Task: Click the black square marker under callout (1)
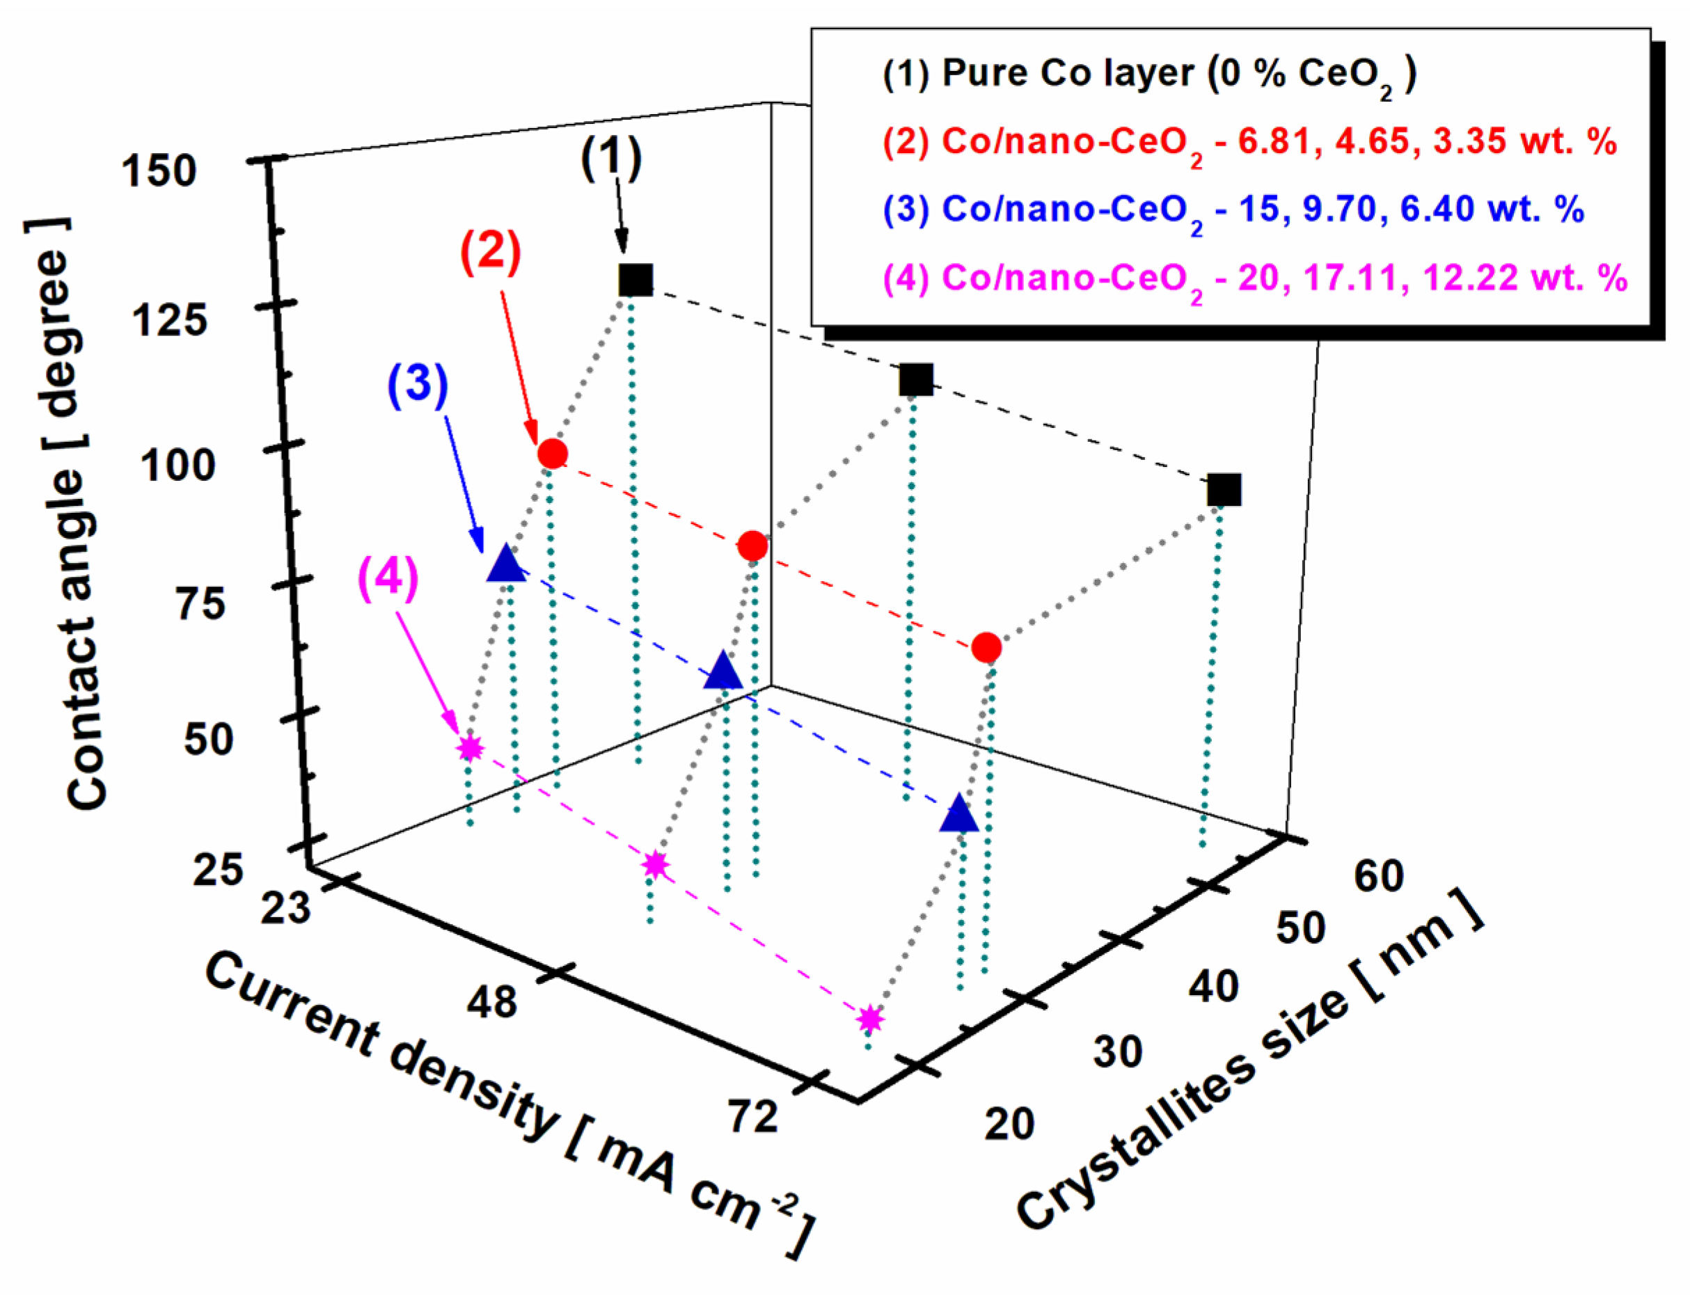635,279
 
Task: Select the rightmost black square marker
1224,489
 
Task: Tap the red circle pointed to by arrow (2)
552,453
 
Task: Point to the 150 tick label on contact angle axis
159,171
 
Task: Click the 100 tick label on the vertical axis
177,466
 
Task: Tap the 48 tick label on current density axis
491,1003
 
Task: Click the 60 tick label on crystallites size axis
1379,876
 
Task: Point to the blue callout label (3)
417,383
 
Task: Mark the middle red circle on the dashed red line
752,546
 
